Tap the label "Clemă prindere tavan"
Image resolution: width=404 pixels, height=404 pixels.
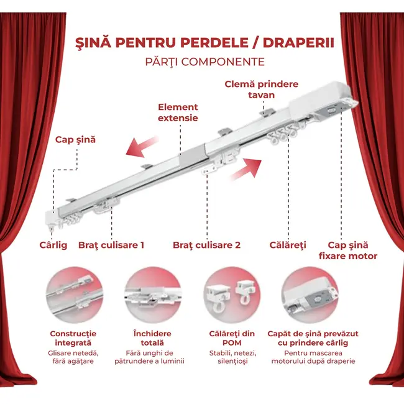261,90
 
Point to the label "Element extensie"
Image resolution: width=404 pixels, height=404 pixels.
178,112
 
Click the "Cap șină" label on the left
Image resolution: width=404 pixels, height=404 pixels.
76,140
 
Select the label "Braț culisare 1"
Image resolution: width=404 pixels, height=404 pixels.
111,245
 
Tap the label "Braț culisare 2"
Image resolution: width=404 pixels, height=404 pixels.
206,245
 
